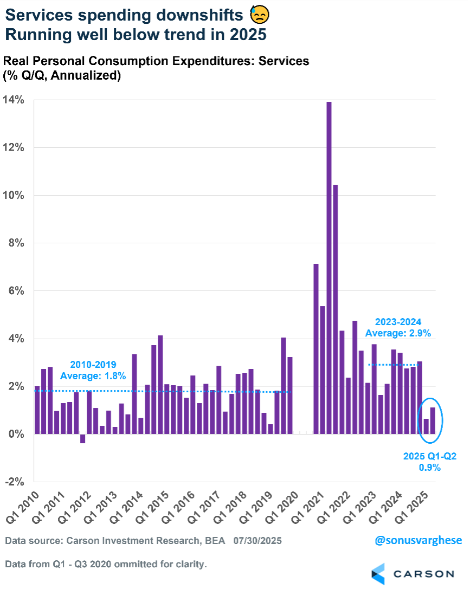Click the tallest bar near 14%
click(329, 268)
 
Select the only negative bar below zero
click(82, 439)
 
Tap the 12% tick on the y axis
click(14, 147)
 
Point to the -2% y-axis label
click(14, 482)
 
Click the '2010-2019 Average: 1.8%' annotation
click(93, 370)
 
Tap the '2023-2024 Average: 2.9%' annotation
click(398, 327)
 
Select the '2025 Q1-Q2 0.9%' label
click(429, 461)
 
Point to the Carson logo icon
click(378, 574)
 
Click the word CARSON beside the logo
click(423, 574)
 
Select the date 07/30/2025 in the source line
click(257, 541)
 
